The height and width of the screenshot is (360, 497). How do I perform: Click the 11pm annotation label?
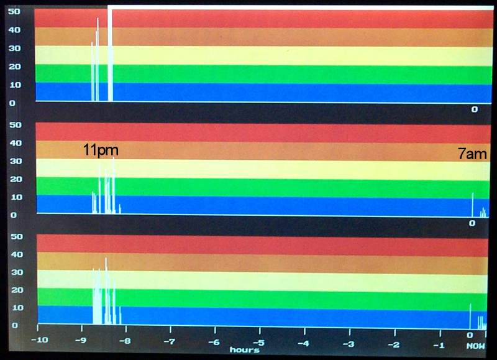coord(101,150)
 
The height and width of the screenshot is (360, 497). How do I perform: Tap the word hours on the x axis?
coord(244,350)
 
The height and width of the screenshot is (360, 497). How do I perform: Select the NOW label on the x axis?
coord(476,346)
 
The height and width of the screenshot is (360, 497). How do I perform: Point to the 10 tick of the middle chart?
coord(14,197)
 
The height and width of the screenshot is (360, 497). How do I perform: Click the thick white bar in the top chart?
coord(111,56)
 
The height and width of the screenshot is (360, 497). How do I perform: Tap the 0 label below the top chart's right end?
coord(474,109)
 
